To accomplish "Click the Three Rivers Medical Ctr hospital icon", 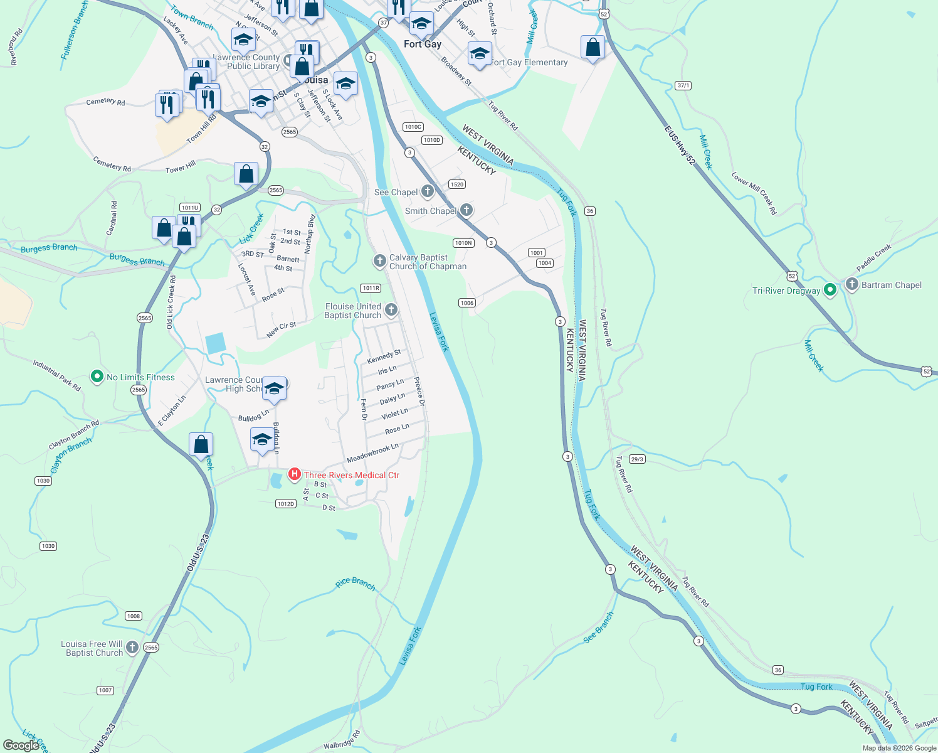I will point(294,475).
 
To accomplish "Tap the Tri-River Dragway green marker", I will point(830,290).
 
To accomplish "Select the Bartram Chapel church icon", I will point(851,284).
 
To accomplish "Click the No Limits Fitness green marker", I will point(97,376).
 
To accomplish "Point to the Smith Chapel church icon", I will point(466,210).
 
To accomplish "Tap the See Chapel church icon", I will point(428,191).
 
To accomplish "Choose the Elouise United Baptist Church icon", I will point(391,309).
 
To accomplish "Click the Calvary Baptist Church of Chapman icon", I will point(379,261).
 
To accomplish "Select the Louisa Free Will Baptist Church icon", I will point(132,648).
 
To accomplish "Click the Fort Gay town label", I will point(423,44).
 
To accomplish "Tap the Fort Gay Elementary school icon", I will point(480,54).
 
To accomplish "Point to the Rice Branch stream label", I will point(355,584).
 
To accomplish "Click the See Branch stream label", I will point(599,627).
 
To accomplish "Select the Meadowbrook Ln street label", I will point(372,453).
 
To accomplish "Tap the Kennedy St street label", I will point(384,357).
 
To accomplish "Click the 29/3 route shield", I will point(637,459).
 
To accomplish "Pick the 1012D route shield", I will point(285,504).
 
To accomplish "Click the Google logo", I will point(21,745).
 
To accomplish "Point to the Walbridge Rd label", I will point(342,740).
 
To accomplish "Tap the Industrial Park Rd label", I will point(57,375).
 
